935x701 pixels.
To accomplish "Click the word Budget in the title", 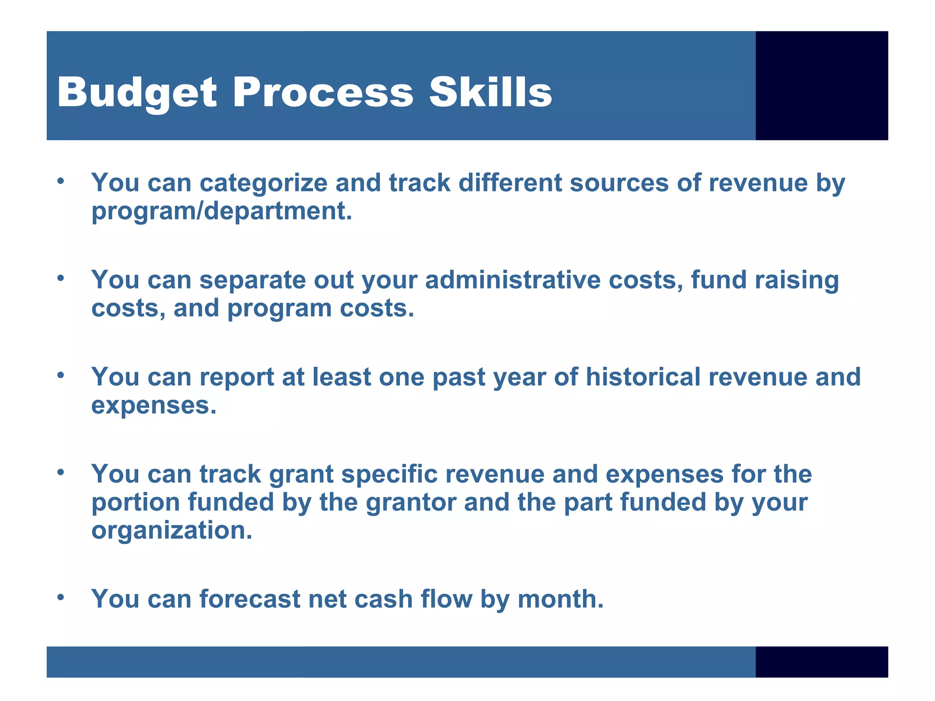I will (137, 93).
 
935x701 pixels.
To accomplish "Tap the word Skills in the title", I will (490, 92).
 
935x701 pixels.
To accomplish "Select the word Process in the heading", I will (323, 93).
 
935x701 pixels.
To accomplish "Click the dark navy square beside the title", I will (821, 85).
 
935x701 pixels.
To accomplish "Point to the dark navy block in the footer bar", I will (821, 661).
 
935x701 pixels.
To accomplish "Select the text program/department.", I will (222, 211).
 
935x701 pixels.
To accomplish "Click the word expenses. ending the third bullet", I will (154, 406).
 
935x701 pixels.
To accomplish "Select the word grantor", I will (411, 502).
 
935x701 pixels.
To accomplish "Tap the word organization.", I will (172, 530).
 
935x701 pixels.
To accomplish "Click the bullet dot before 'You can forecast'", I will (61, 597).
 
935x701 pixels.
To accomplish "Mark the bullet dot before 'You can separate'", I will (61, 278).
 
